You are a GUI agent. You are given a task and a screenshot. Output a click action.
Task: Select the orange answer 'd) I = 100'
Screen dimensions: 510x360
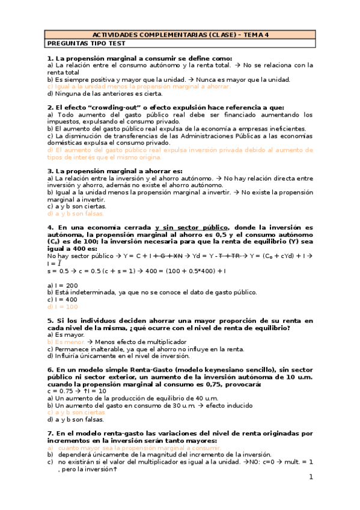(62, 307)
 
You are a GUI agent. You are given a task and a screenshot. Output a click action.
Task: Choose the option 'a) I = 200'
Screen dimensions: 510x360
(62, 285)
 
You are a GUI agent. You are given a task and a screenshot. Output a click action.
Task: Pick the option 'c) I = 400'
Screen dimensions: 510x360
(62, 300)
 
